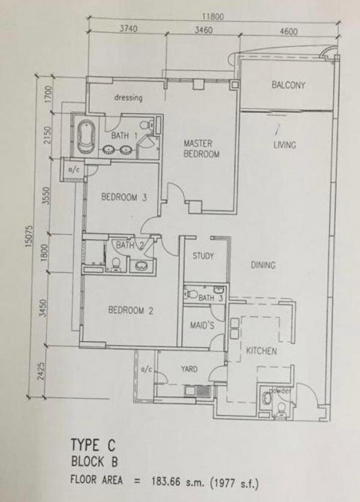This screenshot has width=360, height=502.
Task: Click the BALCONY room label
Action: pyautogui.click(x=289, y=85)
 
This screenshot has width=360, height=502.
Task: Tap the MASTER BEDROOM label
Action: pyautogui.click(x=201, y=148)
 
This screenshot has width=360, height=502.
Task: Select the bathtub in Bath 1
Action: pyautogui.click(x=86, y=136)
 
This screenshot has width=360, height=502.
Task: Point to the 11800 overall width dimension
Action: pyautogui.click(x=212, y=16)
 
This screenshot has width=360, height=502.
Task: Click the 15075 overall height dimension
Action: pyautogui.click(x=29, y=236)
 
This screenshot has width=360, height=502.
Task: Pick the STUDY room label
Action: pyautogui.click(x=203, y=256)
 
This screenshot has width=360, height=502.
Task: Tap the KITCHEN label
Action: pyautogui.click(x=262, y=351)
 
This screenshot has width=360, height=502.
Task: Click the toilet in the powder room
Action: pyautogui.click(x=281, y=408)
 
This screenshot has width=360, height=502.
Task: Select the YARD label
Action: pyautogui.click(x=189, y=369)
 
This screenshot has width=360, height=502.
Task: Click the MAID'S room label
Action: pyautogui.click(x=202, y=325)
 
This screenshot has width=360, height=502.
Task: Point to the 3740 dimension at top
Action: pyautogui.click(x=128, y=29)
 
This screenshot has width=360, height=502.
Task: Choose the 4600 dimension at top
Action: pyautogui.click(x=289, y=31)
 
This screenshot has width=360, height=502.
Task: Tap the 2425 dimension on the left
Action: pyautogui.click(x=41, y=371)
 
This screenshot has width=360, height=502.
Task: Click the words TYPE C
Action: pyautogui.click(x=93, y=445)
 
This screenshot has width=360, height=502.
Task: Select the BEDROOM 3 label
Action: pyautogui.click(x=124, y=196)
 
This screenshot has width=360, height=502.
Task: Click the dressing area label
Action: pyautogui.click(x=128, y=97)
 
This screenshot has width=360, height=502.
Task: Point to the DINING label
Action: pyautogui.click(x=263, y=265)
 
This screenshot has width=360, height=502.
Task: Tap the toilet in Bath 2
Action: pyautogui.click(x=116, y=264)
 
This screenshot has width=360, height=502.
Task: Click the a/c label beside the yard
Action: pyautogui.click(x=146, y=370)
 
